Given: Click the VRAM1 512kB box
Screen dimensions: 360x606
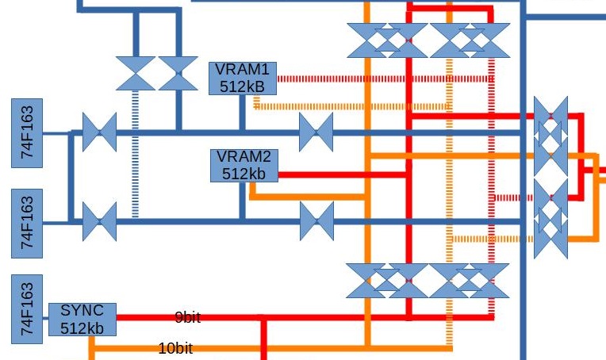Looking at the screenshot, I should coord(242,78).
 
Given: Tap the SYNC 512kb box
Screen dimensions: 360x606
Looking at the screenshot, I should coord(82,319).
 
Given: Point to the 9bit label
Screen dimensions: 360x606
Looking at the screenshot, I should coord(187,318).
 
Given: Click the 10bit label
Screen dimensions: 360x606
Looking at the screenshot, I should coord(175,347).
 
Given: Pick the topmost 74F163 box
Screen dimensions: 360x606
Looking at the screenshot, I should coord(26,132).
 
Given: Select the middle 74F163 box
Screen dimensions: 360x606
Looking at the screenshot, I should coord(26,223).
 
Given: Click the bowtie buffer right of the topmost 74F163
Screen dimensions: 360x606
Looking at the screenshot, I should coord(99,132).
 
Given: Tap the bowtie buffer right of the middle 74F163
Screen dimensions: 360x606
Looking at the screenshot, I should coord(99,222).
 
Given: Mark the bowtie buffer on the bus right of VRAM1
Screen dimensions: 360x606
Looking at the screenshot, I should coord(316,132).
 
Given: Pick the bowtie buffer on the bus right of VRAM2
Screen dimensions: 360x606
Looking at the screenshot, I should coord(316,221).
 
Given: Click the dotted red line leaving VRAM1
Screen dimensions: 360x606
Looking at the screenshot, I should coord(381,79).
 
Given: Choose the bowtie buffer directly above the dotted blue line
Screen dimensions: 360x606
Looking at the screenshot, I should coord(136,73).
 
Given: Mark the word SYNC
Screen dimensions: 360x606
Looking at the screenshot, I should coord(81,311).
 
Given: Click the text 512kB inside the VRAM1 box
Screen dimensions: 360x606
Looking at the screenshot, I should coord(243,86).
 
